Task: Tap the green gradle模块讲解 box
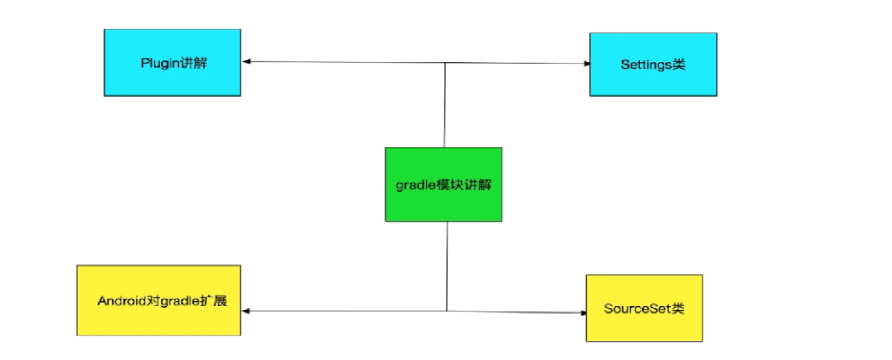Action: [443, 204]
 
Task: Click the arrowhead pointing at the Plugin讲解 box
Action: [247, 61]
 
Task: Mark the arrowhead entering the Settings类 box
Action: [587, 63]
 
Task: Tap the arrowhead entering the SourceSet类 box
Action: [583, 312]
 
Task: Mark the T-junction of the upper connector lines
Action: [445, 63]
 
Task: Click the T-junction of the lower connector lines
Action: [447, 311]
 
